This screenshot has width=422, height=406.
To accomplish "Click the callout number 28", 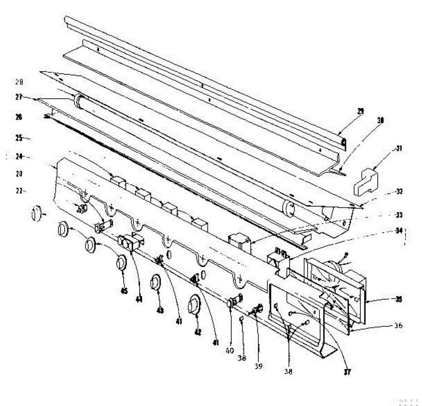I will click(19, 82).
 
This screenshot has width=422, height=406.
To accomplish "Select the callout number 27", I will click(19, 97).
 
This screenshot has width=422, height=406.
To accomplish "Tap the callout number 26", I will click(19, 117).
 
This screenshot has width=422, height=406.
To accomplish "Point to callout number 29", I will click(361, 111).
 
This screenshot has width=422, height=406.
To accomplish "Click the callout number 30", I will click(380, 120).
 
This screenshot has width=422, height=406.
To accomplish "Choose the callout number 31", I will click(399, 148).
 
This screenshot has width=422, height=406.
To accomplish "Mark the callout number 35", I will click(399, 299).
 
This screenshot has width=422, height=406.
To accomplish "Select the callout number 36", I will click(398, 326).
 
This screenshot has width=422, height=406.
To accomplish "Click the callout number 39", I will click(258, 366).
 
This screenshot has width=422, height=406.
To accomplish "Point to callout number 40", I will click(230, 350).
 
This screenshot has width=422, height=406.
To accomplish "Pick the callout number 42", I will click(198, 331).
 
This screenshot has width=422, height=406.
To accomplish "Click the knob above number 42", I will click(194, 303).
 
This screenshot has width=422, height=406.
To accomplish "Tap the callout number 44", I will click(139, 299).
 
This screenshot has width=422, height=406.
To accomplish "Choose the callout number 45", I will click(124, 291).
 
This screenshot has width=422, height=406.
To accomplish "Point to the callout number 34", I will click(399, 231).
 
